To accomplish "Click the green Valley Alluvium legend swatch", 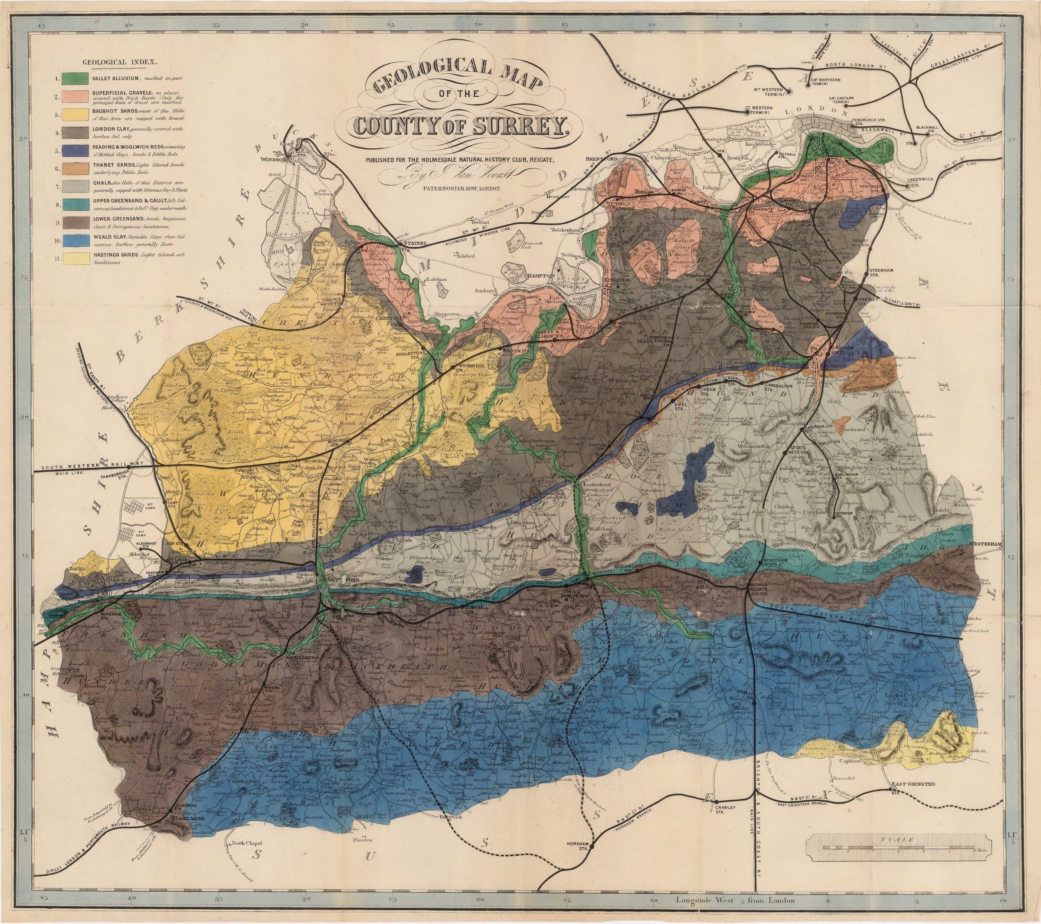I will point(74,79).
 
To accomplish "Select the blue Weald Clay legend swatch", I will point(74,240).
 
